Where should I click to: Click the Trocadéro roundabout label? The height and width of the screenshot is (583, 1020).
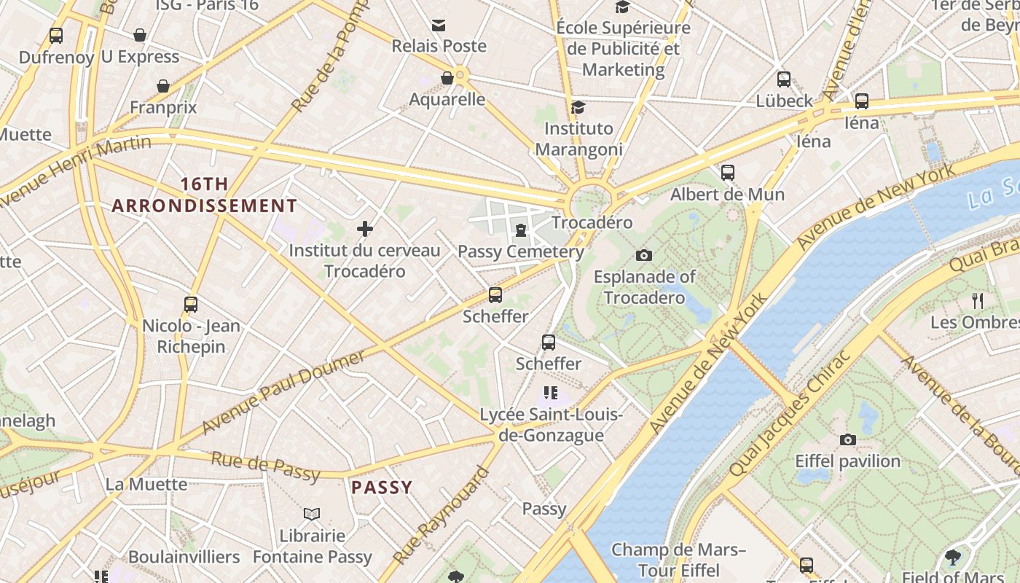592,222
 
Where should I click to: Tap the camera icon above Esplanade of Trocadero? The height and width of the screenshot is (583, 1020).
643,255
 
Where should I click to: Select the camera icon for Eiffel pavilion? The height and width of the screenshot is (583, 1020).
847,439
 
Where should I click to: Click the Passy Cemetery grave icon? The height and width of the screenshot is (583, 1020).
521,231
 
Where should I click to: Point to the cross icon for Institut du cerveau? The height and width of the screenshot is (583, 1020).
365,229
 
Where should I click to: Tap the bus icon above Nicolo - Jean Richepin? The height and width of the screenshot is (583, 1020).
191,304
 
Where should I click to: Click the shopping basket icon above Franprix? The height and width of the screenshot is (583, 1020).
163,86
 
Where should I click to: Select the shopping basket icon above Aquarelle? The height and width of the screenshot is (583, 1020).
447,78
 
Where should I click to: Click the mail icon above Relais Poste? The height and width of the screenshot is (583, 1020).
439,26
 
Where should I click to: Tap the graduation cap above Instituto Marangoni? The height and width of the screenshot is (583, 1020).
578,107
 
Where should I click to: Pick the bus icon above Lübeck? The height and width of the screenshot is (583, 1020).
784,79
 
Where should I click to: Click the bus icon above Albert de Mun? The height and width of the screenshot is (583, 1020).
727,173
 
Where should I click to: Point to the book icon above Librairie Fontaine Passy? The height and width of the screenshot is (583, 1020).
312,514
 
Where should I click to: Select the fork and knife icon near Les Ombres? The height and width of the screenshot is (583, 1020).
978,300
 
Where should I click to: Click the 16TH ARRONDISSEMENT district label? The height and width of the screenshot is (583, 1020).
204,195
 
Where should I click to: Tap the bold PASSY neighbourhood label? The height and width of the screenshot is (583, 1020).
382,488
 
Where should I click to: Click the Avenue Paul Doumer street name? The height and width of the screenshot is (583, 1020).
283,391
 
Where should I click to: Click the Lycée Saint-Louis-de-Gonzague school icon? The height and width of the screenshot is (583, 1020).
551,394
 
